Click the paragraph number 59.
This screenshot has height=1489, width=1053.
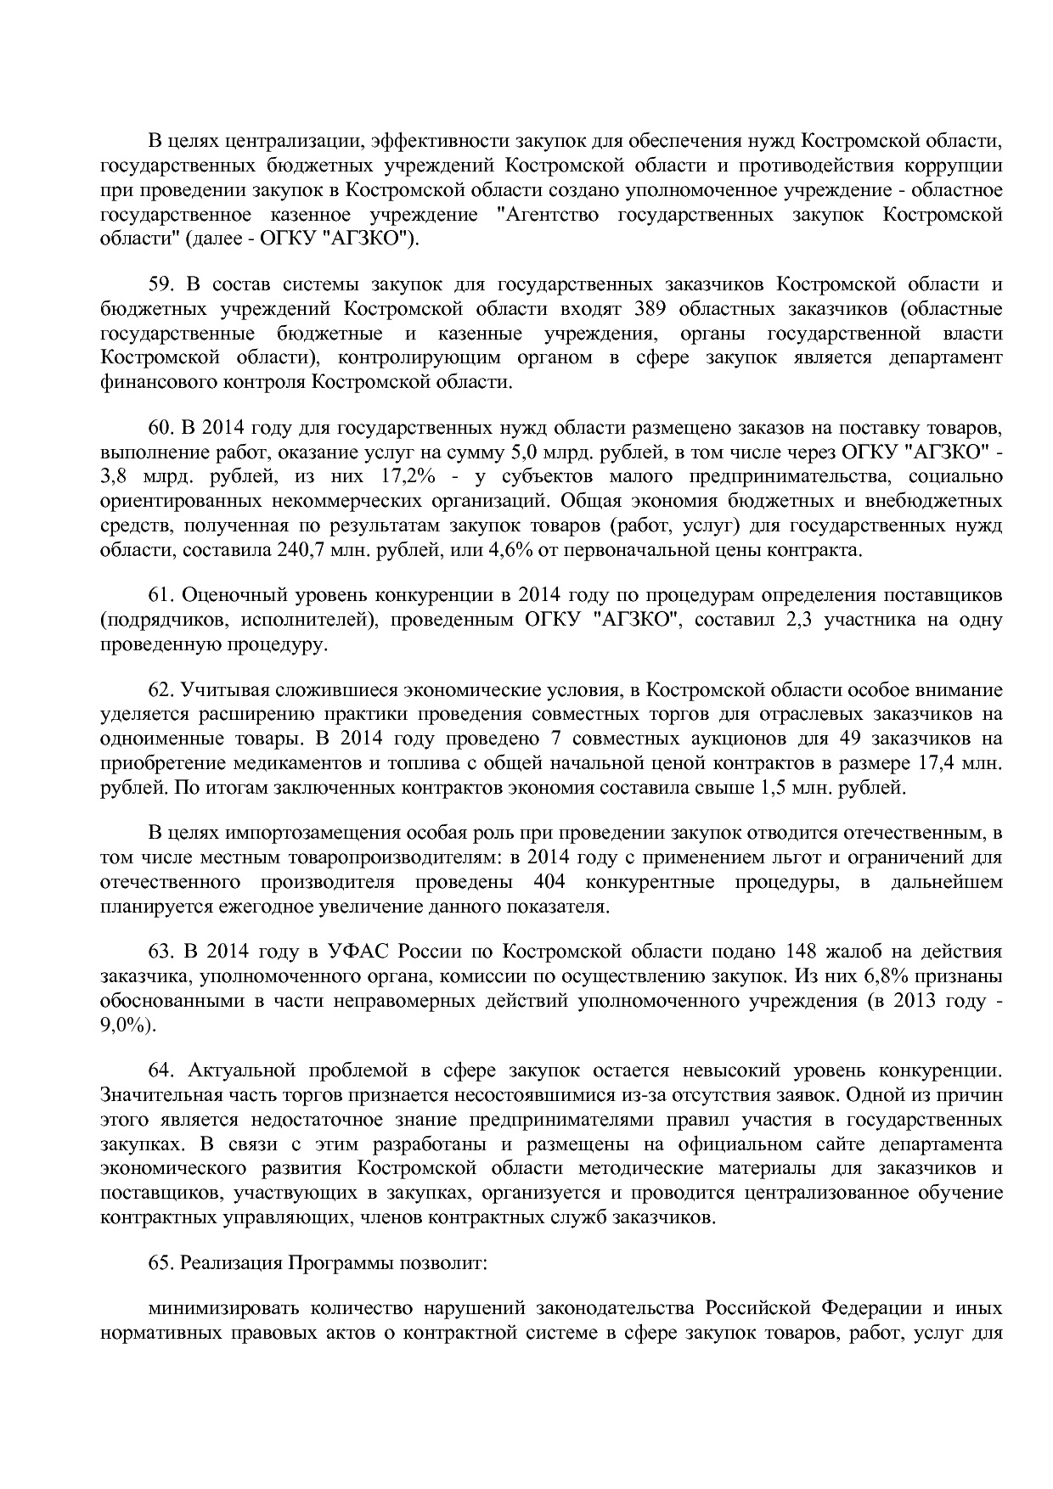(161, 284)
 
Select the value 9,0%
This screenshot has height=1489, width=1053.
(128, 1025)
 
